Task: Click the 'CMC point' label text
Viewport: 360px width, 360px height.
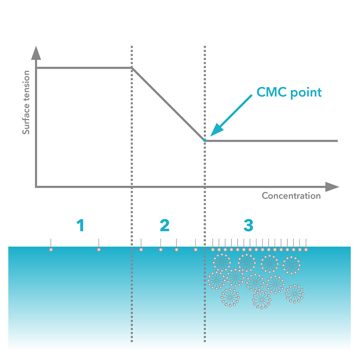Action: coord(289,92)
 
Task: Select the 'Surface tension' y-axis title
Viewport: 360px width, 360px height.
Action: coord(26,103)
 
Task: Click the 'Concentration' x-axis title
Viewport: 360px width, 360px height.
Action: coord(291,196)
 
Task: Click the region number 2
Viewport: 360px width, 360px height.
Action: coord(164,226)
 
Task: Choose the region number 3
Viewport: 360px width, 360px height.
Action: coord(248,226)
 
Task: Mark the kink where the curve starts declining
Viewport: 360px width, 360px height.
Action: coord(132,68)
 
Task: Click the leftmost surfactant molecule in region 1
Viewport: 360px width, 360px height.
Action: coord(51,249)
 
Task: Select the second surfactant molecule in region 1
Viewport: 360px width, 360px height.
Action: coord(99,249)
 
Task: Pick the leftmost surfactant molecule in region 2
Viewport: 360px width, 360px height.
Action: coord(141,249)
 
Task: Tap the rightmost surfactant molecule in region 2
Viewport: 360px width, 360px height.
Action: coord(195,249)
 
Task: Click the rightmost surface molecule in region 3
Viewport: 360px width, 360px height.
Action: coord(306,249)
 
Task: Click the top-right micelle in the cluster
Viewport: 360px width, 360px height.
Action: coord(291,265)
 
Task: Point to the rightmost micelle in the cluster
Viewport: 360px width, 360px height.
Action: coord(294,293)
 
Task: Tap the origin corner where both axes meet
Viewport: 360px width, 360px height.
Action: coord(36,187)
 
